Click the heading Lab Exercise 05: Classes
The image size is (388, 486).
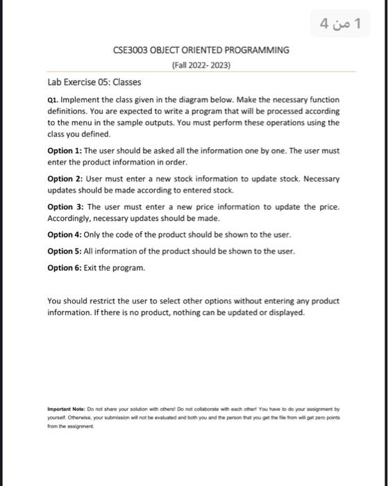pyautogui.click(x=94, y=82)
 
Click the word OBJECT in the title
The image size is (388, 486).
pyautogui.click(x=165, y=51)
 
